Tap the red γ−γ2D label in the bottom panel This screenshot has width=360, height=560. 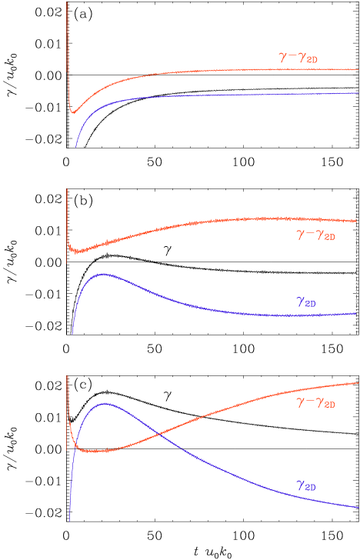point(316,402)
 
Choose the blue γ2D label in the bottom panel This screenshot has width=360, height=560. point(305,485)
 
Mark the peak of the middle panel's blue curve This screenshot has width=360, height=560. point(102,275)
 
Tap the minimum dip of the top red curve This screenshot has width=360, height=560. point(73,112)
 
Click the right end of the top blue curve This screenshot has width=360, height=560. point(358,92)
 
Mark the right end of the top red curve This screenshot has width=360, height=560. point(358,69)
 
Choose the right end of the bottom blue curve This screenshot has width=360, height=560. point(358,507)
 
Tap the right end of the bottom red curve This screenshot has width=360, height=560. point(358,382)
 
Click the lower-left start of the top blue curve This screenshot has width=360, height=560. point(75,147)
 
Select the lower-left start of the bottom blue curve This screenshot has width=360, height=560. point(70,521)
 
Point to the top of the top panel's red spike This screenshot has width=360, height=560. point(67,4)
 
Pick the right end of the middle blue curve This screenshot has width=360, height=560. point(357,313)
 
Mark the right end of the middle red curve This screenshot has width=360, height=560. point(357,222)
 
